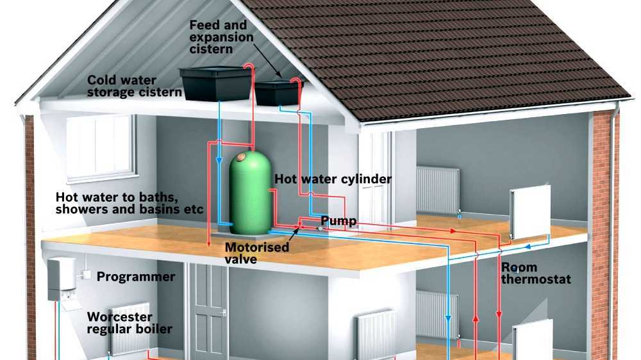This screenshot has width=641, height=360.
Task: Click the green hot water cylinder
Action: (x=250, y=192)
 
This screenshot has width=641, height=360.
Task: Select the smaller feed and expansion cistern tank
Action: (x=278, y=92)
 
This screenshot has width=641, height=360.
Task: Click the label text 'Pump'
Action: (x=338, y=221)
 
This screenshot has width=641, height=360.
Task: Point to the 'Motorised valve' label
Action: (x=256, y=253)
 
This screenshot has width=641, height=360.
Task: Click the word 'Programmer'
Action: (x=135, y=277)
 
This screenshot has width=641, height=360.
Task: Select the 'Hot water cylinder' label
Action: (x=333, y=179)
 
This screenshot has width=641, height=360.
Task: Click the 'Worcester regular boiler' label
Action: (x=129, y=323)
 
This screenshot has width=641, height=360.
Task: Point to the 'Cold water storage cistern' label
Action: (x=134, y=86)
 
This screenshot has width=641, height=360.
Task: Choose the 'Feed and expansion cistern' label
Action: (x=221, y=31)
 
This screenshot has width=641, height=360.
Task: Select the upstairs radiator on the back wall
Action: (x=437, y=190)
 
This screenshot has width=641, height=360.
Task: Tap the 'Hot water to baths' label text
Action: (x=129, y=202)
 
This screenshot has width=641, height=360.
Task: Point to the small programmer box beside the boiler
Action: (x=84, y=275)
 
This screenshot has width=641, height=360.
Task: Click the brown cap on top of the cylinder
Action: (x=242, y=156)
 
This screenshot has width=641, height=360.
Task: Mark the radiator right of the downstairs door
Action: (x=376, y=333)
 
